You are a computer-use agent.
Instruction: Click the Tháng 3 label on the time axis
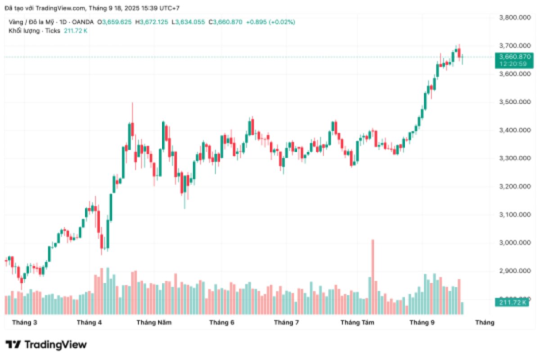[25, 322]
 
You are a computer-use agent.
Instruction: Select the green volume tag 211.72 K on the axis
[511, 302]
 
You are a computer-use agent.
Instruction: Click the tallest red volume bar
[373, 276]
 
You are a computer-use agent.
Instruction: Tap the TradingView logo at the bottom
[46, 345]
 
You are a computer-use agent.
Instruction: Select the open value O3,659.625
[117, 22]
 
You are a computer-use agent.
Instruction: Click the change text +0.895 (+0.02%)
[270, 22]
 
